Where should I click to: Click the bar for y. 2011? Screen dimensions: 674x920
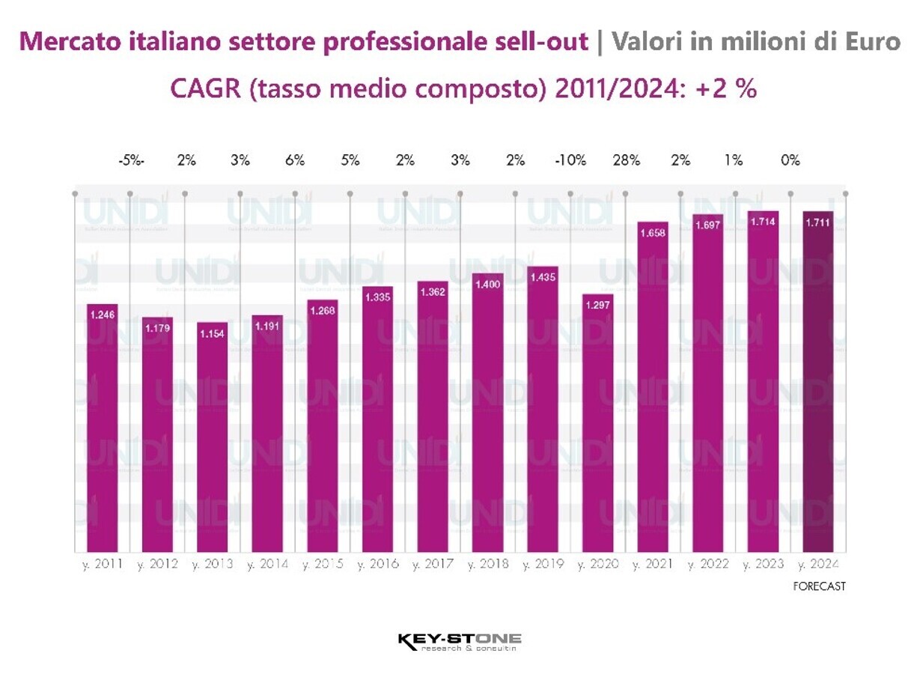tap(102, 428)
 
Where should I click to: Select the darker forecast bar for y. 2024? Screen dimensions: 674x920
tap(818, 382)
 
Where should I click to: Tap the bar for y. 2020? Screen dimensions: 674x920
tap(597, 423)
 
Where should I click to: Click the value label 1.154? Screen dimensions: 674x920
tap(212, 333)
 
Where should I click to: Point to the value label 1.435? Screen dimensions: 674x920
tap(542, 277)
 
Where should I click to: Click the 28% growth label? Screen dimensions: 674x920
tap(626, 160)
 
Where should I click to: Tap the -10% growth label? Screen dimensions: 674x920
tap(570, 160)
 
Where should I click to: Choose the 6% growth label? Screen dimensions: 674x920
tap(295, 160)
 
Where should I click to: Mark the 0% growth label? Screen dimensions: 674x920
tap(790, 160)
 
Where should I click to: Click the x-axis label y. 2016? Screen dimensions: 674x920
tap(378, 564)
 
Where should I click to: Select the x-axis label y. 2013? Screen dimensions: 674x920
tap(213, 564)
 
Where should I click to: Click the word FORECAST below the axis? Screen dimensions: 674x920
tap(819, 586)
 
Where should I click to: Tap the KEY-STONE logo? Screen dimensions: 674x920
tap(460, 641)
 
